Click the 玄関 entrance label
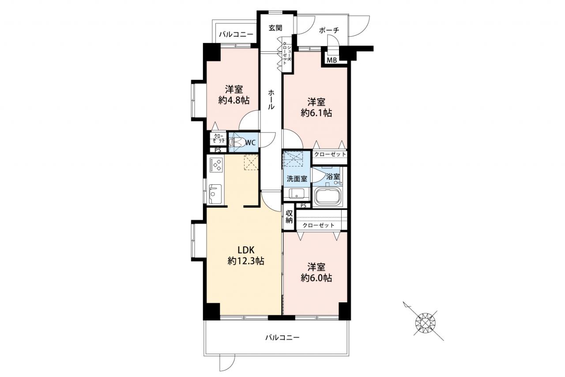[x=275, y=28]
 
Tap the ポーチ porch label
[x=329, y=30]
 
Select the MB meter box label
[x=331, y=61]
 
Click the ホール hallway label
[x=271, y=99]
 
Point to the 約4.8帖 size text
[x=234, y=100]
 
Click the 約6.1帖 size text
[x=316, y=113]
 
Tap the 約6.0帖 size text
[x=316, y=278]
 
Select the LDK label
[x=246, y=250]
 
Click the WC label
[x=250, y=143]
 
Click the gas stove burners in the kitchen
[x=216, y=165]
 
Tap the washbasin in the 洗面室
[x=296, y=194]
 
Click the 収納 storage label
[x=289, y=217]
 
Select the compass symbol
[x=426, y=323]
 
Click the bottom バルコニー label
[x=282, y=338]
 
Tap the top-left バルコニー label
[x=236, y=34]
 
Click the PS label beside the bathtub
[x=303, y=206]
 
